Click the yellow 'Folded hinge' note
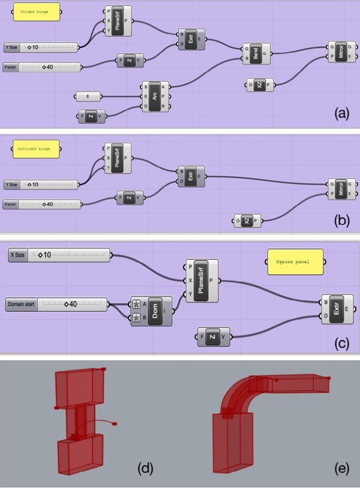point(36,12)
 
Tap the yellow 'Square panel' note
point(293,262)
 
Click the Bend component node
point(256,53)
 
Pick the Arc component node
point(155,96)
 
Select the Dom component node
point(151,311)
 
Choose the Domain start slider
point(56,305)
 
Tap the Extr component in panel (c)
point(336,310)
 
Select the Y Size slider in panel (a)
point(41,47)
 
